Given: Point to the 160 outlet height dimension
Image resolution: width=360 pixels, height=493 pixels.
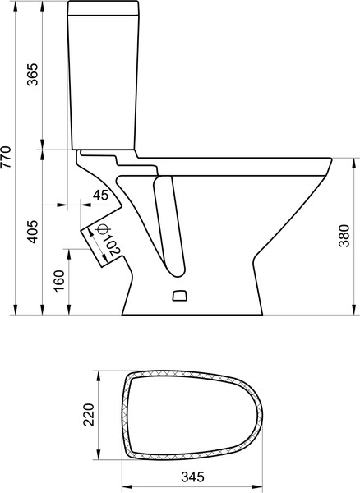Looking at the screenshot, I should click(58, 280).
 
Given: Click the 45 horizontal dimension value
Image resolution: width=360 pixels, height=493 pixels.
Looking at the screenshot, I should click(100, 196).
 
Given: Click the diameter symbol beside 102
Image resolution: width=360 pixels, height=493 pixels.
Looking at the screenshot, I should click(99, 231).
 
